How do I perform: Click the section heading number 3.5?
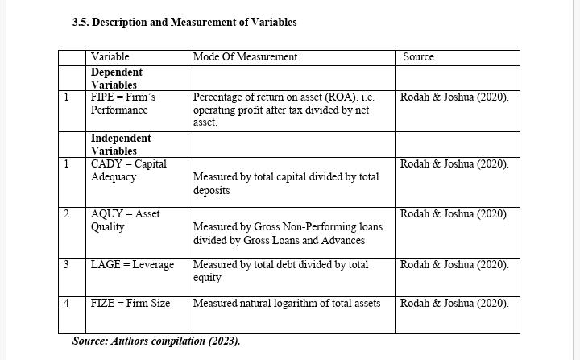(x=81, y=23)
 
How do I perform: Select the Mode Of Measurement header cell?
(x=245, y=57)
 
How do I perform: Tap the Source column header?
(x=418, y=57)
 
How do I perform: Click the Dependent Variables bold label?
(x=116, y=78)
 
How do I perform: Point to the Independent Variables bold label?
(x=121, y=144)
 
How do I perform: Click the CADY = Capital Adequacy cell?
(x=129, y=170)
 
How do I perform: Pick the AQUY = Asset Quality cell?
(x=126, y=220)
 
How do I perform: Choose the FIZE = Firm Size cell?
(x=130, y=304)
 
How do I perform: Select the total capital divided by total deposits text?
(x=286, y=184)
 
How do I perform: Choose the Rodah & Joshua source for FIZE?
(x=454, y=304)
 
